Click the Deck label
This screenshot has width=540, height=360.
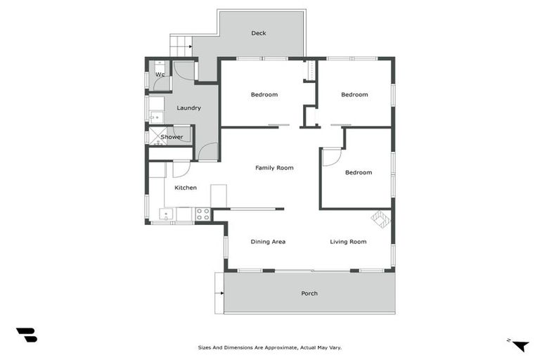(259, 33)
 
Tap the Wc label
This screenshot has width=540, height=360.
(160, 75)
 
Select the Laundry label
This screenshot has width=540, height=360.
(188, 108)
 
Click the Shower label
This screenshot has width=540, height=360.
(172, 137)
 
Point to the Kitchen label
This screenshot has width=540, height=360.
(186, 188)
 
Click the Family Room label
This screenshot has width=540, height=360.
(274, 167)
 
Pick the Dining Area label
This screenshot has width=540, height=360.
(268, 241)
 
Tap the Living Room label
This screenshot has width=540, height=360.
(348, 241)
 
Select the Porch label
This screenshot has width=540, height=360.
(309, 293)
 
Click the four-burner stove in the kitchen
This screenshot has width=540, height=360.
(202, 214)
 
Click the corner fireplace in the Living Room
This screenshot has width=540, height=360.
(380, 219)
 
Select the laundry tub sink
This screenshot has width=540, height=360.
(155, 117)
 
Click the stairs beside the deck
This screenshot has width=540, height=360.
(181, 47)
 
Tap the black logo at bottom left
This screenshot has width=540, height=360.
(26, 335)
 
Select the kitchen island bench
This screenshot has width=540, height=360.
(219, 195)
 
